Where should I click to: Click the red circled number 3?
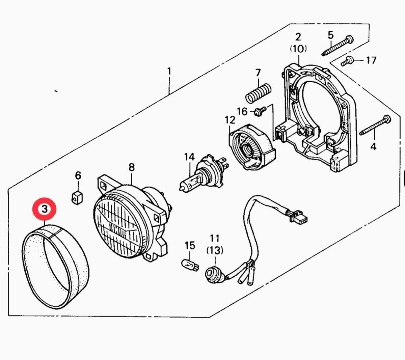(45, 209)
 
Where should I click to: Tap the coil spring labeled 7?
(258, 93)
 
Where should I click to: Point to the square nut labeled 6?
(77, 197)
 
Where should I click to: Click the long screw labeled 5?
(337, 46)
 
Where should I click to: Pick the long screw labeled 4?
(375, 125)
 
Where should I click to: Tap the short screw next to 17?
(347, 61)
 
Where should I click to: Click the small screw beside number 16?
(260, 111)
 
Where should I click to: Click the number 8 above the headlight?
(132, 167)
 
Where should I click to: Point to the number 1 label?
(169, 72)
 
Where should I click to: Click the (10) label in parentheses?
(298, 49)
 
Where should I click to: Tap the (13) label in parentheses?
(215, 251)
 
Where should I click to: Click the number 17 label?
(371, 60)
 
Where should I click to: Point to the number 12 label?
(230, 120)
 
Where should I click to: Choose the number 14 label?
(189, 157)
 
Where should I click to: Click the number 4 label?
(373, 147)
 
